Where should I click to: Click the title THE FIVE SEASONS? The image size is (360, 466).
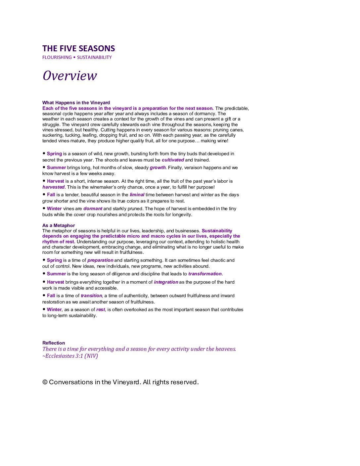[x=78, y=49]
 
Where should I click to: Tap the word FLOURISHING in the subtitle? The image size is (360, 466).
[x=57, y=58]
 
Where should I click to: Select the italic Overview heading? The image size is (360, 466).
[x=70, y=76]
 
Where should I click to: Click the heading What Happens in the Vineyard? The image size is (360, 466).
[x=76, y=103]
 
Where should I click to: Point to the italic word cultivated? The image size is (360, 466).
[x=173, y=160]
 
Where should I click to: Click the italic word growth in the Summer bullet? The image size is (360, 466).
[x=157, y=167]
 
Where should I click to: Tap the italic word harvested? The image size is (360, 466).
[x=53, y=187]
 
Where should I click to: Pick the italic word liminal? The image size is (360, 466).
[x=137, y=195]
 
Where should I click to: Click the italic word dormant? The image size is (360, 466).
[x=93, y=209]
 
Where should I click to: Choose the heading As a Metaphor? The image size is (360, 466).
[x=59, y=225]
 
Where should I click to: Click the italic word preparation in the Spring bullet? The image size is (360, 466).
[x=100, y=260]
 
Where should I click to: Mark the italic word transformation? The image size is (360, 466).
[x=205, y=274]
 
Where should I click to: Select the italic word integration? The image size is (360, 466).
[x=166, y=282]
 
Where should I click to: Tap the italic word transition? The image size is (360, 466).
[x=91, y=296]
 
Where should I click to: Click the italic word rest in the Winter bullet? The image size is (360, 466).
[x=101, y=309]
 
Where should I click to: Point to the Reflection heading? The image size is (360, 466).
[x=54, y=343]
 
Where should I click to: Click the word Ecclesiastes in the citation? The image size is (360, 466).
[x=60, y=356]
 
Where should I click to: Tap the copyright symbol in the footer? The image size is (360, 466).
[x=45, y=382]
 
